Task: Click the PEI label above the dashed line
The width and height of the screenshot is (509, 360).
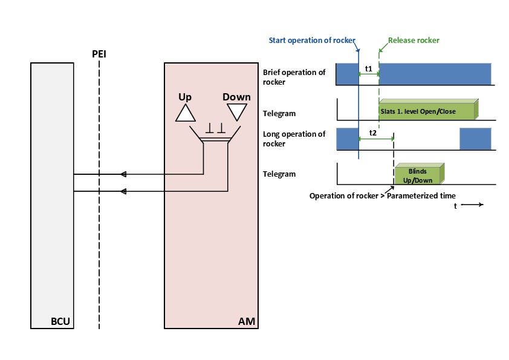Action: [x=99, y=54]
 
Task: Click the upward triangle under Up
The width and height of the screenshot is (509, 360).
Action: [x=185, y=112]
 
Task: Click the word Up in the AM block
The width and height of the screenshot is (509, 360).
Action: [x=185, y=97]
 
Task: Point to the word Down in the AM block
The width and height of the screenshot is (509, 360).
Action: [x=236, y=97]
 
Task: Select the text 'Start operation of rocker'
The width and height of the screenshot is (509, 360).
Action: [x=313, y=41]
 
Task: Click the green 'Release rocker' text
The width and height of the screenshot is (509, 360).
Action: [x=413, y=41]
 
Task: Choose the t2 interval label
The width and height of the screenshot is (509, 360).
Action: [x=373, y=131]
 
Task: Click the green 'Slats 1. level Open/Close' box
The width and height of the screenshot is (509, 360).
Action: [x=427, y=111]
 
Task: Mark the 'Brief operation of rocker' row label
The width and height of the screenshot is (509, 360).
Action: [x=294, y=77]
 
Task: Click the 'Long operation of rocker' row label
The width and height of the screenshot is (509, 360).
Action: [x=294, y=139]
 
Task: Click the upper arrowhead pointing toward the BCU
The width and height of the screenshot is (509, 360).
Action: [x=123, y=174]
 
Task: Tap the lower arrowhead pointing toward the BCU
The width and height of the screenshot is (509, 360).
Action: [x=123, y=192]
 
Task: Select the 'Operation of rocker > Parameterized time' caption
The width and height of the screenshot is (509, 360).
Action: [x=382, y=195]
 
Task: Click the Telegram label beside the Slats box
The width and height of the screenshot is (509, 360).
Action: [x=279, y=113]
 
